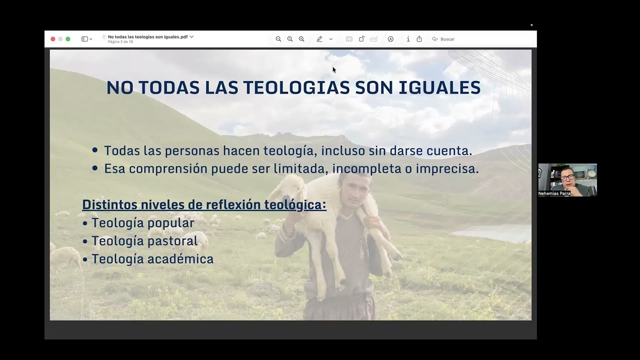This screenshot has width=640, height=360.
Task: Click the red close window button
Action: click(53, 39)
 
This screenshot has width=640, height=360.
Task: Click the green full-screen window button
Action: click(68, 39)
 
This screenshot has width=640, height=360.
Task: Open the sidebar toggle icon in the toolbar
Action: click(85, 39)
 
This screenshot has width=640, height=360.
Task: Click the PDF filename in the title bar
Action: click(147, 36)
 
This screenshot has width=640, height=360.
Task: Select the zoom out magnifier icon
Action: click(278, 39)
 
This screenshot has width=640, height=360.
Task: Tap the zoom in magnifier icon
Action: click(301, 39)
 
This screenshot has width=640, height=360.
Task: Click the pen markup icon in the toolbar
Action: click(319, 39)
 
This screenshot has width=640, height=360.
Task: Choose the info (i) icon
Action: click(408, 39)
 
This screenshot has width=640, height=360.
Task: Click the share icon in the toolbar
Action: click(419, 39)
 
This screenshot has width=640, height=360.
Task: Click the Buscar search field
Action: click(447, 39)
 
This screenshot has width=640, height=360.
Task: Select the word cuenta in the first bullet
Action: click(452, 150)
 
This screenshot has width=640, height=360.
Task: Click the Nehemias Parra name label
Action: click(554, 193)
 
